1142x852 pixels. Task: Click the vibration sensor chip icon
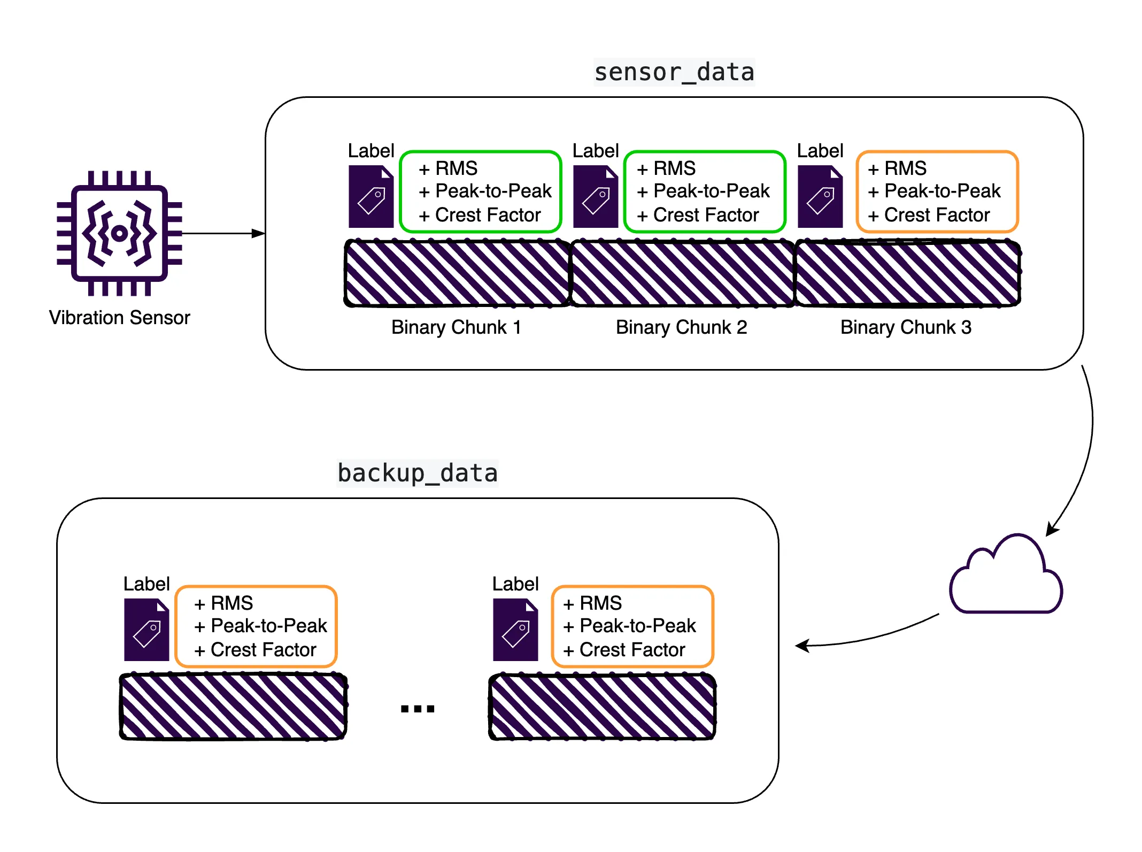click(119, 233)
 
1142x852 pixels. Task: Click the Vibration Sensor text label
click(119, 318)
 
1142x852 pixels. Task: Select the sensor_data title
click(674, 72)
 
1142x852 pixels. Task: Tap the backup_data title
click(418, 473)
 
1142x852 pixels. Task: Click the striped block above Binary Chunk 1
click(457, 273)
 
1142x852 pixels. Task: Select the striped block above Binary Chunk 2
click(682, 273)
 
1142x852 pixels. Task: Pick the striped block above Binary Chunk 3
click(907, 273)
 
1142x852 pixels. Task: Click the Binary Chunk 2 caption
click(681, 327)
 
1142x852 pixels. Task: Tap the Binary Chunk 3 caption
click(906, 327)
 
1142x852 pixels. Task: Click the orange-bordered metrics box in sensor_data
click(937, 191)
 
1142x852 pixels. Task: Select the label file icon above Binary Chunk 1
click(371, 196)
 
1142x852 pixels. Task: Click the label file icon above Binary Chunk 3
click(820, 196)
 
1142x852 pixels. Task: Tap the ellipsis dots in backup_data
click(418, 709)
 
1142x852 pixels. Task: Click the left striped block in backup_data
click(234, 707)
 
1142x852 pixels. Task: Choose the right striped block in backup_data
click(603, 707)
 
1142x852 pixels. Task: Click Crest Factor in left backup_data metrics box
click(263, 650)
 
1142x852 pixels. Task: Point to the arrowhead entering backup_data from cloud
click(801, 646)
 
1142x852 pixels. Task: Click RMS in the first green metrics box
click(456, 168)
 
